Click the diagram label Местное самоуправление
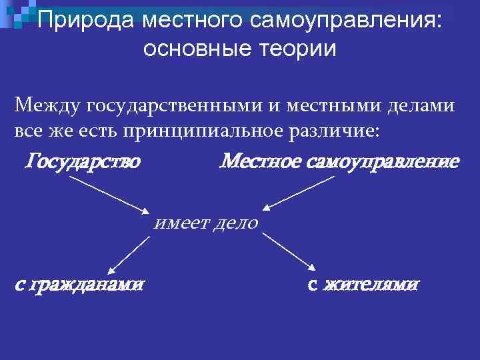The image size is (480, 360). [x=339, y=161]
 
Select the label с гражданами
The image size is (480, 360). [x=79, y=285]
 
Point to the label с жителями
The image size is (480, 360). [x=363, y=285]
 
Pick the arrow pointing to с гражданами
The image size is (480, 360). [x=130, y=254]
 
